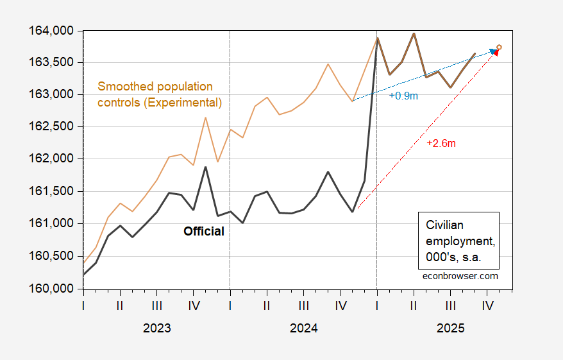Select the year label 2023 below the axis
coord(156,328)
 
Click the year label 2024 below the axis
coord(303,328)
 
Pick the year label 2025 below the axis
coord(450,328)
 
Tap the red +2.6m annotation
coord(441,143)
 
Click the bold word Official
coord(204,232)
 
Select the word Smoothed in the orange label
coord(122,86)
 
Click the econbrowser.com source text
coord(461,276)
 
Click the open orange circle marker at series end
coord(499,47)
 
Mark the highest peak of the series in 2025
coord(414,33)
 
